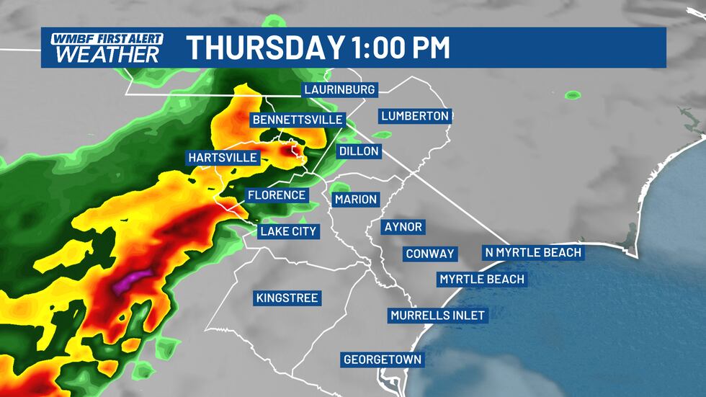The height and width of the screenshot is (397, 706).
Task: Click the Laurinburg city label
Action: click(340, 90)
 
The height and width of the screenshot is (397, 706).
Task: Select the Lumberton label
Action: click(415, 115)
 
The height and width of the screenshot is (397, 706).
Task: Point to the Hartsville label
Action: click(223, 157)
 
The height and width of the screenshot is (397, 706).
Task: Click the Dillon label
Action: click(358, 152)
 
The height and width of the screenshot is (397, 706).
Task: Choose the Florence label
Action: click(277, 195)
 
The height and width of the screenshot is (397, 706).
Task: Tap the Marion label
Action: click(356, 199)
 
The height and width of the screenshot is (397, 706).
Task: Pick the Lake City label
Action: click(288, 231)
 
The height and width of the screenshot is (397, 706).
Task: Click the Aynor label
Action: click(403, 227)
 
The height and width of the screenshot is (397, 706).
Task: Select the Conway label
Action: click(430, 254)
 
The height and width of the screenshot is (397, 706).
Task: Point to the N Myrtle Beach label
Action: click(532, 252)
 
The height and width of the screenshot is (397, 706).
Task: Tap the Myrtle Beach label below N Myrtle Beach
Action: click(482, 279)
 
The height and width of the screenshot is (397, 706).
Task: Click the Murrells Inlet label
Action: click(438, 315)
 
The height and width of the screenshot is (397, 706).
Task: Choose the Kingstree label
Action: click(287, 298)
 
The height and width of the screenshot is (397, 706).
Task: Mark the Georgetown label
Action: click(383, 359)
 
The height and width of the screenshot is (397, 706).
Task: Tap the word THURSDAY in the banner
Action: click(264, 48)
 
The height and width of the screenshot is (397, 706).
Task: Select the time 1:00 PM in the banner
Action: click(399, 48)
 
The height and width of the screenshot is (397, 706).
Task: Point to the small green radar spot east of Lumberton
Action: click(573, 94)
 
